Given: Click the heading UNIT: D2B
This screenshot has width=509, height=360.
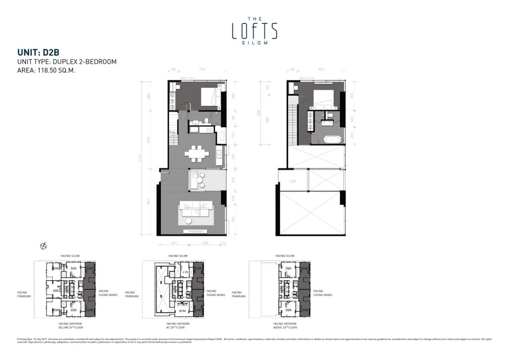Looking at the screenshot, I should tap(39, 52).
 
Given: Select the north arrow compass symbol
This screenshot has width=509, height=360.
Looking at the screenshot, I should tap(44, 245).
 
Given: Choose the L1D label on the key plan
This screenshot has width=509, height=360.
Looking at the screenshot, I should tap(184, 272).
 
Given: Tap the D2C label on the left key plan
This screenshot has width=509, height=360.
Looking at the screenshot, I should tap(57, 290).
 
